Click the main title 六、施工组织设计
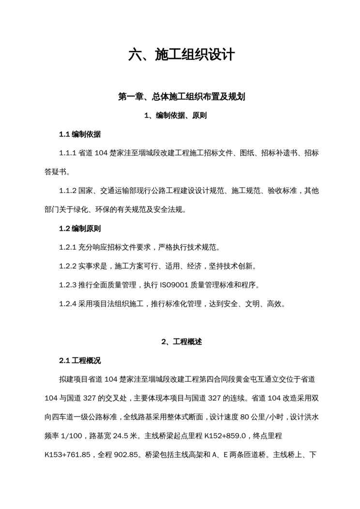(181, 55)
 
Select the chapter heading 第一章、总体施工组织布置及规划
(182, 97)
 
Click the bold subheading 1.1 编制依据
(80, 134)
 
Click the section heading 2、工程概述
(181, 342)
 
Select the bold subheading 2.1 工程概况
(80, 360)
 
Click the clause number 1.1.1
(68, 153)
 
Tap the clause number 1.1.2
(68, 191)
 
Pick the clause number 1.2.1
(68, 247)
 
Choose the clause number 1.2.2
(68, 266)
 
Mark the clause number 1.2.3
(68, 285)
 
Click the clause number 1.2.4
(68, 304)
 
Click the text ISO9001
(177, 285)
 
